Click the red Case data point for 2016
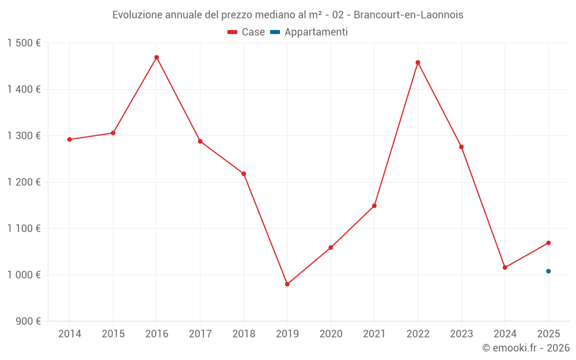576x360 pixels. [x=157, y=58]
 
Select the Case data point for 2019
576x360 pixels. [x=287, y=284]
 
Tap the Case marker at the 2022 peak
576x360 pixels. [x=418, y=63]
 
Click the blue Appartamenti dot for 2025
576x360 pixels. [x=548, y=271]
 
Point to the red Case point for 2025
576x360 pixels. [x=548, y=243]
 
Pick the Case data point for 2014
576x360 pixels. [x=70, y=139]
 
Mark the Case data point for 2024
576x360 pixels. [x=505, y=267]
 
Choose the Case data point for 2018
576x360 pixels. [x=244, y=174]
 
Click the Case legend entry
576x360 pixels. [x=246, y=32]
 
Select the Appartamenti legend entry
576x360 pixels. [x=309, y=32]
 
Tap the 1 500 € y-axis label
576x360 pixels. [x=24, y=43]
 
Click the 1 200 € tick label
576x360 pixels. [x=24, y=182]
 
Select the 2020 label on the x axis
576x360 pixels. [x=331, y=334]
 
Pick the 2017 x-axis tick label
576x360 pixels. [x=200, y=334]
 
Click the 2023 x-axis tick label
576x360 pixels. [x=461, y=334]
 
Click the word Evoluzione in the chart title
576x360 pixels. [x=137, y=15]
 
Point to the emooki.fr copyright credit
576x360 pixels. [x=525, y=348]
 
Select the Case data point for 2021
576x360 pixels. [x=374, y=206]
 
